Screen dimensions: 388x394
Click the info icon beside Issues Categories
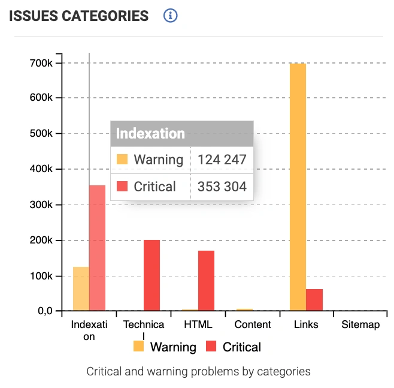coord(171,16)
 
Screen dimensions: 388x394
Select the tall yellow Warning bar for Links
coord(298,187)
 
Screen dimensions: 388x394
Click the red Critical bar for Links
coord(314,300)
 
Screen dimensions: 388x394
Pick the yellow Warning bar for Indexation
coord(81,288)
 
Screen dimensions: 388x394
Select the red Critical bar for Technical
coord(151,275)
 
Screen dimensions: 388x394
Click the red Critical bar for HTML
coord(206,280)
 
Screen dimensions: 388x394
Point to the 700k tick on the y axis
coord(44,62)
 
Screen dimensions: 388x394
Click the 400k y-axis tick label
coord(44,169)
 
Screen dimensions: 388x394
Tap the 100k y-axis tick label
coord(44,276)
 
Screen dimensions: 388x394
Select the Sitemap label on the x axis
coord(360,325)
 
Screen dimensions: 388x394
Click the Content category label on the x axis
coord(253,325)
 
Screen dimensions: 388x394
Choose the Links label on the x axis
coord(306,325)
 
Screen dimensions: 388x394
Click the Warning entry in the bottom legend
coord(165,347)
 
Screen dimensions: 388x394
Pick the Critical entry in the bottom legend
coord(234,347)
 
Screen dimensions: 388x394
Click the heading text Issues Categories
coord(78,16)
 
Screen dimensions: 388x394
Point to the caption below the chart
coord(198,371)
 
